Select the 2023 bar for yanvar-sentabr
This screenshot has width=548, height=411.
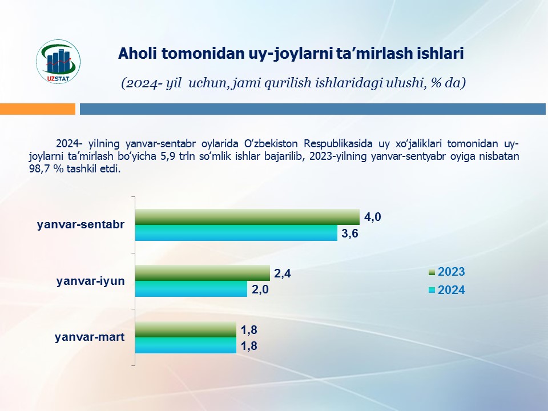(247, 217)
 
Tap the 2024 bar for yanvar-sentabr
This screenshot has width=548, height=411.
(236, 233)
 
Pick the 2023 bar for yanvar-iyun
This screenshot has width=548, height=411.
(202, 273)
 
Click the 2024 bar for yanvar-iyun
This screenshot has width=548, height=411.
(191, 289)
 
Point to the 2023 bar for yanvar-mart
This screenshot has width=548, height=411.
(185, 329)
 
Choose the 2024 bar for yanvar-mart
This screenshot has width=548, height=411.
(185, 345)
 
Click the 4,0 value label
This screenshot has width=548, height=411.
(373, 217)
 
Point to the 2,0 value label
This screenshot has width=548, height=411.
(260, 289)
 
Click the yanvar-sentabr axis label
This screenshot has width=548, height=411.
(80, 225)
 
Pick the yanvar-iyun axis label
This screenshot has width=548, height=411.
(91, 281)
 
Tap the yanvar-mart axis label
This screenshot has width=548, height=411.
(90, 337)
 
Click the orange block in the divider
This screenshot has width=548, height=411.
(38, 108)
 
